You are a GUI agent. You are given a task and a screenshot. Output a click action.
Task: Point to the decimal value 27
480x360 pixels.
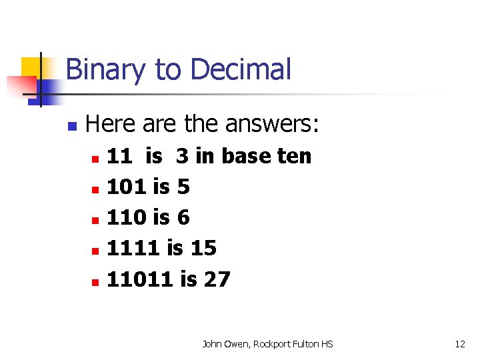pyautogui.click(x=217, y=279)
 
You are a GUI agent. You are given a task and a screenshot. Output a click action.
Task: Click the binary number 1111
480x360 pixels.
pyautogui.click(x=133, y=248)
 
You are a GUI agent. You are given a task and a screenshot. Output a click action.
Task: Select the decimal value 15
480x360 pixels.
pyautogui.click(x=203, y=248)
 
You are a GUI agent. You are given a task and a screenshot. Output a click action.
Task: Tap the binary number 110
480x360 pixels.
pyautogui.click(x=127, y=217)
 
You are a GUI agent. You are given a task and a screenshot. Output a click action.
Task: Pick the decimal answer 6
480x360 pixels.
pyautogui.click(x=183, y=217)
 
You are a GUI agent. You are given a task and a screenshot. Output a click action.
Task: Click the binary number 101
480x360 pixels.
pyautogui.click(x=127, y=187)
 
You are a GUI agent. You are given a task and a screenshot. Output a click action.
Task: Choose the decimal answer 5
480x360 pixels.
pyautogui.click(x=183, y=187)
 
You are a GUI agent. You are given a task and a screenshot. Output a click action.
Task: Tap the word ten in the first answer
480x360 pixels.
pyautogui.click(x=295, y=156)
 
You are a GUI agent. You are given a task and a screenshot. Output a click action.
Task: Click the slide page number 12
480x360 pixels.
pyautogui.click(x=460, y=344)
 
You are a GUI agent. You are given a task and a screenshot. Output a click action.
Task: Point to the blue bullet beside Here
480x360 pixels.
pyautogui.click(x=73, y=125)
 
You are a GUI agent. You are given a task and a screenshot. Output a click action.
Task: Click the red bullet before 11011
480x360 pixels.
pyautogui.click(x=95, y=282)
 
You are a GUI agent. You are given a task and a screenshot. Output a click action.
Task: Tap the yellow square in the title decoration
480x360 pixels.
pyautogui.click(x=31, y=67)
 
